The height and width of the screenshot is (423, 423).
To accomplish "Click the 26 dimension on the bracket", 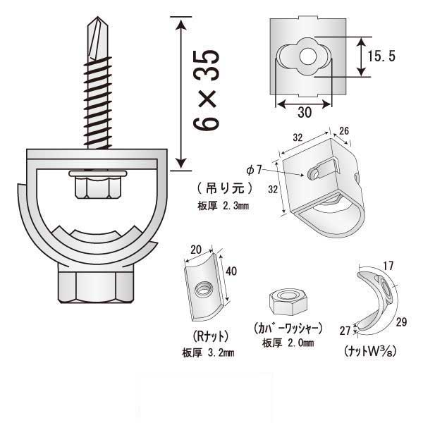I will point(343,130).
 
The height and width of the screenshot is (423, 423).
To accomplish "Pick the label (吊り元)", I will point(222,189).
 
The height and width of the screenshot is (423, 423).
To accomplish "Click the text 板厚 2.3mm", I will point(223,207).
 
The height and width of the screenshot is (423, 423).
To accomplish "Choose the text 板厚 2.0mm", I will point(288,343).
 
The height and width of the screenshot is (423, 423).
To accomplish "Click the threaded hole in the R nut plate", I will point(203,287).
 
